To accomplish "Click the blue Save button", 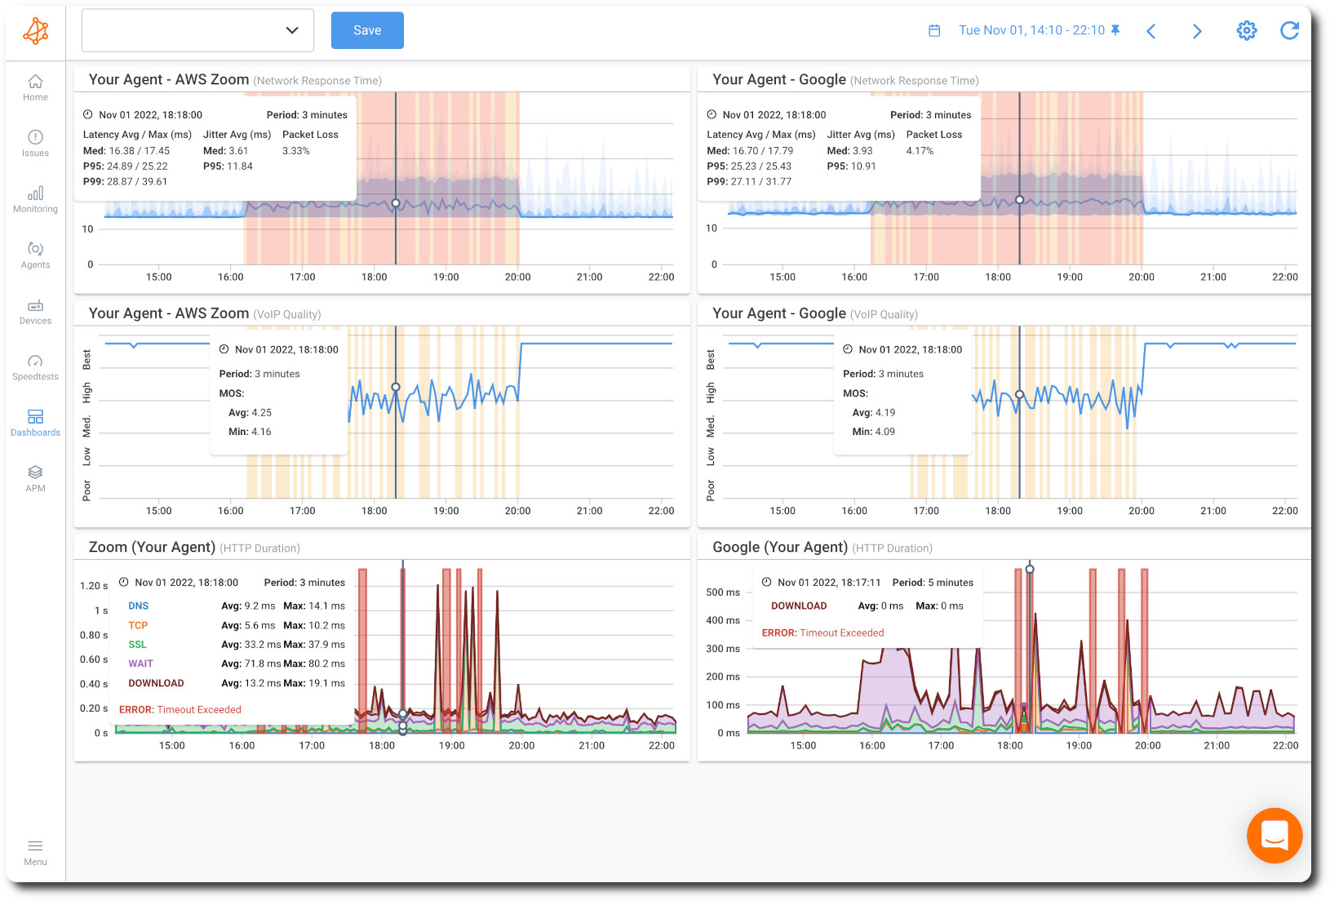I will pyautogui.click(x=367, y=30).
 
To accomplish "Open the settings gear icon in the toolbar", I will pyautogui.click(x=1246, y=31).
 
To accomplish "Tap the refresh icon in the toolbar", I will pyautogui.click(x=1289, y=31).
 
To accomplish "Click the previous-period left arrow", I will pyautogui.click(x=1151, y=31).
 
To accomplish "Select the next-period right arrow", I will pyautogui.click(x=1197, y=31).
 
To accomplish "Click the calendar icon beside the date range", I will pyautogui.click(x=934, y=30).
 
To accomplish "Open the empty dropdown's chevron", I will pyautogui.click(x=292, y=30).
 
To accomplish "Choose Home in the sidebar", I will pyautogui.click(x=35, y=87).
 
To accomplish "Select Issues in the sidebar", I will pyautogui.click(x=35, y=143).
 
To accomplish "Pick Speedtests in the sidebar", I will pyautogui.click(x=35, y=367).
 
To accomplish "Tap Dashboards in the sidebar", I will pyautogui.click(x=35, y=423).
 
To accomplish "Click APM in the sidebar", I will pyautogui.click(x=35, y=478).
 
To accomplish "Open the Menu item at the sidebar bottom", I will pyautogui.click(x=35, y=852).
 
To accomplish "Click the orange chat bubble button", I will pyautogui.click(x=1274, y=835).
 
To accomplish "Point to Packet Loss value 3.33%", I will pyautogui.click(x=295, y=151).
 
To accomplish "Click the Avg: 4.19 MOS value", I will pyautogui.click(x=873, y=413).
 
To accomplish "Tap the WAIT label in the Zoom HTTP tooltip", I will pyautogui.click(x=140, y=664).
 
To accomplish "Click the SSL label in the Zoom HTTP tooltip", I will pyautogui.click(x=137, y=645).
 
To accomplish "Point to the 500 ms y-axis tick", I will pyautogui.click(x=722, y=593).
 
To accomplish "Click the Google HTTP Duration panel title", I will pyautogui.click(x=779, y=547).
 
